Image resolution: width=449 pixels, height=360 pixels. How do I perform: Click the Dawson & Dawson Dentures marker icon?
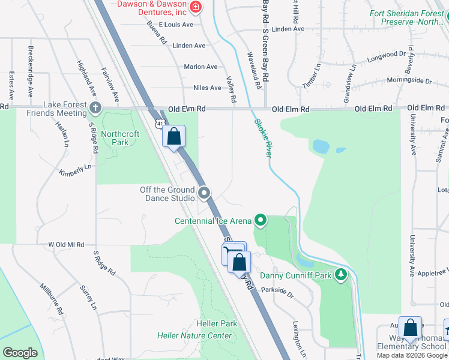tap(195, 7)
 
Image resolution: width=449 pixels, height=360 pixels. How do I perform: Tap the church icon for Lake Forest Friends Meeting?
tap(95, 109)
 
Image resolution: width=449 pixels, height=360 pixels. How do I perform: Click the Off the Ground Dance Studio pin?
tap(205, 193)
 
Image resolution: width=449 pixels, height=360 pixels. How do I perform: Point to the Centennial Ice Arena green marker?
tap(260, 221)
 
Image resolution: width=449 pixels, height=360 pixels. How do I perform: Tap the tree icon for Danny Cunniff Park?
tap(341, 275)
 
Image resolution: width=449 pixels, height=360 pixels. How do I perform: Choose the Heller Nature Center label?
tap(194, 335)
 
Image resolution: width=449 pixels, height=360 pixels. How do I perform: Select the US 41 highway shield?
tap(158, 123)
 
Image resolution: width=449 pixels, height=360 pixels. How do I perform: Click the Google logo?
tap(20, 353)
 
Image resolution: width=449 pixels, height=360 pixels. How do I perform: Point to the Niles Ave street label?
tap(207, 88)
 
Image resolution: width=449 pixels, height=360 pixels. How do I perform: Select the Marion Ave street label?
tap(200, 67)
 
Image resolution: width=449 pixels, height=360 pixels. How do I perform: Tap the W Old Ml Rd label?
tap(66, 245)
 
